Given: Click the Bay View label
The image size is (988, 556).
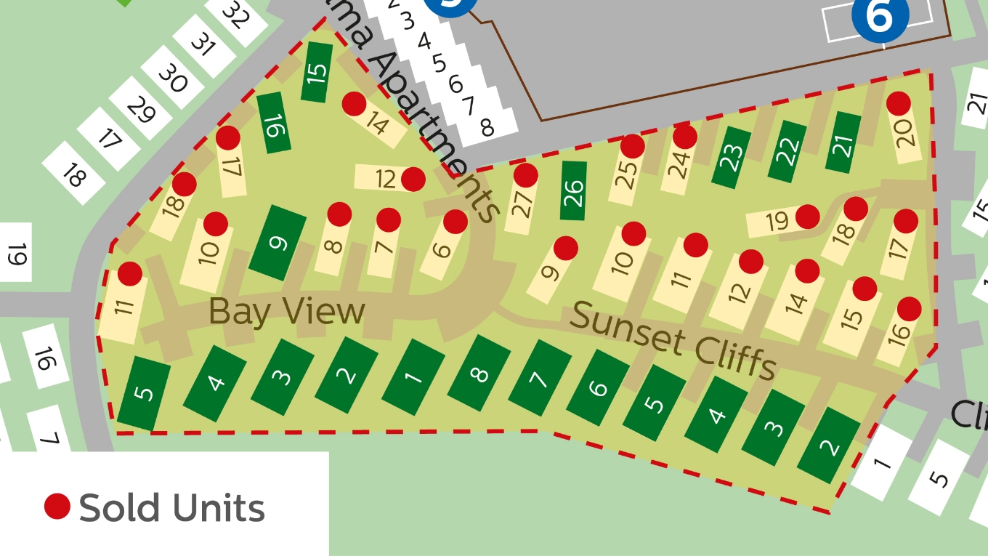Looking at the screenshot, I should [286, 312].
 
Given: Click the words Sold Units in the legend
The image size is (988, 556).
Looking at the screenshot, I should [172, 507].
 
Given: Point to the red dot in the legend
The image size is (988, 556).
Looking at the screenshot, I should [57, 507].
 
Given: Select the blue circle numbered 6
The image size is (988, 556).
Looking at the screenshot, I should [880, 16].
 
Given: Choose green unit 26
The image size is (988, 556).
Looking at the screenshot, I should [573, 190].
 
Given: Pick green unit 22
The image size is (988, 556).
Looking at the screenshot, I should [787, 152].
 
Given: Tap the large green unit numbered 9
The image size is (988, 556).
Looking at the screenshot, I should [278, 243].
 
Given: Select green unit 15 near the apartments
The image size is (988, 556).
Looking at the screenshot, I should [317, 72].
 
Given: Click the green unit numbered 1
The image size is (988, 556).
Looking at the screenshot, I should [413, 376].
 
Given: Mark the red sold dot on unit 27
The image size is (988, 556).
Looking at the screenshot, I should [525, 175].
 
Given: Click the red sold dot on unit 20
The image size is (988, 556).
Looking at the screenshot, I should [899, 104].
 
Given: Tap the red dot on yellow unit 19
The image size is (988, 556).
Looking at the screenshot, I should [807, 216].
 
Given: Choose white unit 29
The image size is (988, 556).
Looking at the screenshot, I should [140, 110].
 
